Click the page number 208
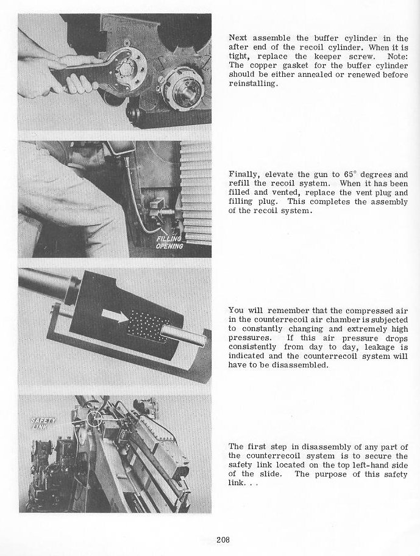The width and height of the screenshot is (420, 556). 222,539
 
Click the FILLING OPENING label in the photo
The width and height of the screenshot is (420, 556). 168,243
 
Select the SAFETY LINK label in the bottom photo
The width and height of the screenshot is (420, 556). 44,422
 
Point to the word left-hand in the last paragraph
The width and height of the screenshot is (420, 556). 361,464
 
